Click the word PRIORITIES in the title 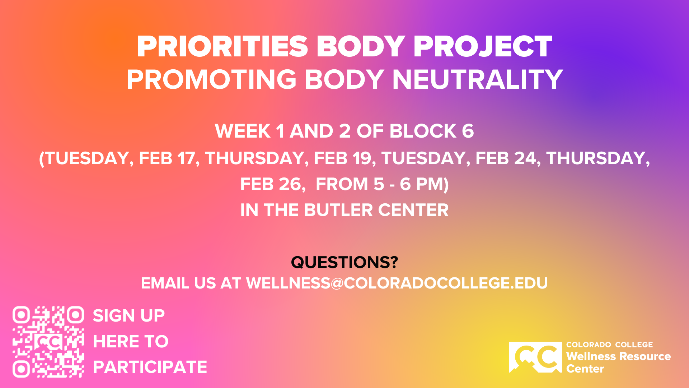[x=222, y=47]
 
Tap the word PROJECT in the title [x=483, y=47]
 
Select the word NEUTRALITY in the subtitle [x=477, y=79]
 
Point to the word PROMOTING [x=211, y=79]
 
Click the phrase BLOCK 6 [x=432, y=131]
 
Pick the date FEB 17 [x=167, y=158]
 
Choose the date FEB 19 [x=342, y=158]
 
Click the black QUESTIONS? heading [x=344, y=262]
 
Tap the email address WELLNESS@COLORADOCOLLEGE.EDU [x=397, y=283]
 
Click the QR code [x=48, y=342]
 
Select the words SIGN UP [x=129, y=316]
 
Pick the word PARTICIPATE [x=150, y=367]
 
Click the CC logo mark [x=536, y=357]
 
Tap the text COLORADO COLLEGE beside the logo [x=610, y=345]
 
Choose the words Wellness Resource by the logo [x=619, y=356]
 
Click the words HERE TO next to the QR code [x=131, y=341]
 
